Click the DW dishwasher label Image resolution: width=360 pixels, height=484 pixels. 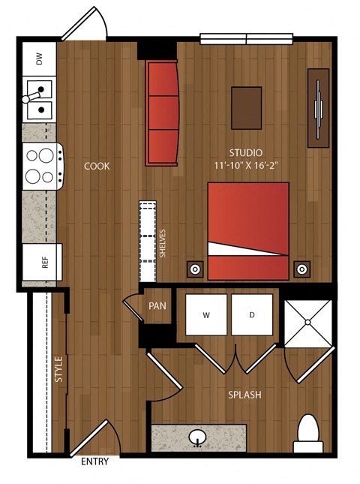pyautogui.click(x=39, y=59)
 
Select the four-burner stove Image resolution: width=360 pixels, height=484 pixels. pyautogui.click(x=43, y=167)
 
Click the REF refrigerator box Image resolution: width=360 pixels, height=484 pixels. pyautogui.click(x=42, y=262)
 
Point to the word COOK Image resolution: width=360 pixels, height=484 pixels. pyautogui.click(x=97, y=166)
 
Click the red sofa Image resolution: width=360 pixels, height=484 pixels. pyautogui.click(x=162, y=113)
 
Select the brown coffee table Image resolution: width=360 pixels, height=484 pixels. pyautogui.click(x=247, y=108)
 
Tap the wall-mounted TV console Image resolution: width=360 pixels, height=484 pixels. pyautogui.click(x=318, y=108)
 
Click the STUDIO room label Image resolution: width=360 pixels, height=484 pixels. pyautogui.click(x=246, y=153)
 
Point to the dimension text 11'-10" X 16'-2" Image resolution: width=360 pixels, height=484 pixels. pyautogui.click(x=246, y=166)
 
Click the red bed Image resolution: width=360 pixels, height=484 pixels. pyautogui.click(x=248, y=231)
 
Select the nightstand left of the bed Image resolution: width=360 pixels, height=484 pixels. pyautogui.click(x=195, y=269)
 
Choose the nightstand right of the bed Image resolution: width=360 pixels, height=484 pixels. pyautogui.click(x=302, y=269)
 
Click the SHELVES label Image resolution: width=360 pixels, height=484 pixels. pyautogui.click(x=162, y=243)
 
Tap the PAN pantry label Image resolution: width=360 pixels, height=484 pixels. pyautogui.click(x=157, y=306)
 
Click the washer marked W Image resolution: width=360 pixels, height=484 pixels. pyautogui.click(x=206, y=314)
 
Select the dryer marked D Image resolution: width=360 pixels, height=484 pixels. pyautogui.click(x=252, y=314)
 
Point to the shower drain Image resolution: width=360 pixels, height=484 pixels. pyautogui.click(x=307, y=322)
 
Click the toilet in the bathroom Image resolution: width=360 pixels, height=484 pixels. pyautogui.click(x=307, y=434)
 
